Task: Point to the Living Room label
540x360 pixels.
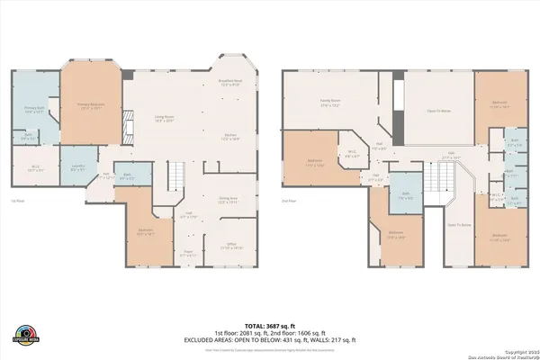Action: [163, 118]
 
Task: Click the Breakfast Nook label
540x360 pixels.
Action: [231, 83]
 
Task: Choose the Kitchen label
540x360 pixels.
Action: [231, 137]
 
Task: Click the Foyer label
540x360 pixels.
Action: [189, 254]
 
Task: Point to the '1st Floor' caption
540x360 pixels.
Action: [17, 201]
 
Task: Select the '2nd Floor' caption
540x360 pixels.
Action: [289, 201]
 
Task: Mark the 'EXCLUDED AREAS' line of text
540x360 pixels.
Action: [270, 339]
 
